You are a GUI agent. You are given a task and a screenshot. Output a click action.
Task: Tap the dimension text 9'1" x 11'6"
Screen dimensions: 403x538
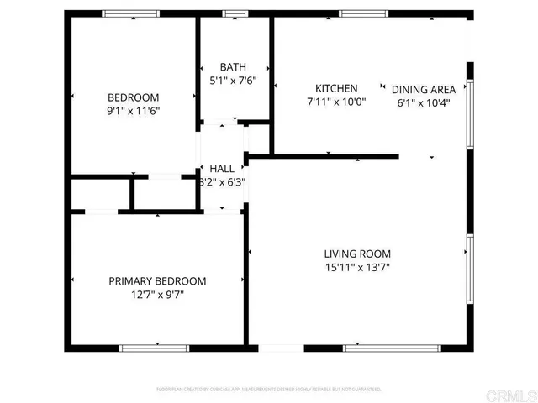coord(133,110)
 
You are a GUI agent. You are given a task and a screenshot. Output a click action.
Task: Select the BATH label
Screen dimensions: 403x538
coord(233,67)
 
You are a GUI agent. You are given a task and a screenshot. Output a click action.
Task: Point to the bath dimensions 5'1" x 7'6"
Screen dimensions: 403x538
coord(233,81)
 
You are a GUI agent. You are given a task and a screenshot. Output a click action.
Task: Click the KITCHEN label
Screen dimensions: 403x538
coord(336,89)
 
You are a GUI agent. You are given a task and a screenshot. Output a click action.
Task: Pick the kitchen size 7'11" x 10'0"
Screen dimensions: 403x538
coord(336,102)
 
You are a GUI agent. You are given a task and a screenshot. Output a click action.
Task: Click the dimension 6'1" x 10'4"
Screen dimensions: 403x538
coord(426,103)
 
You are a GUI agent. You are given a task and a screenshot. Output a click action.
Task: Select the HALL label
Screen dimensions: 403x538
coord(222,169)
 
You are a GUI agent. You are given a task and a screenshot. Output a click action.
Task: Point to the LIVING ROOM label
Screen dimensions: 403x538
coord(357,254)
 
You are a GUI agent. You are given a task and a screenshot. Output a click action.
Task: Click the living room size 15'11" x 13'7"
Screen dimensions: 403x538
coord(357,269)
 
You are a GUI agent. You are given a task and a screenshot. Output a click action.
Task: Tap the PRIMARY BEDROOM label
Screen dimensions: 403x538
coord(157,281)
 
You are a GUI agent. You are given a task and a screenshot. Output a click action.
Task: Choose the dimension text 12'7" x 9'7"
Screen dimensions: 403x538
coord(157,296)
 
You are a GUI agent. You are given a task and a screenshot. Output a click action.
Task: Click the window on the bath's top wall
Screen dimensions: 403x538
coord(235,13)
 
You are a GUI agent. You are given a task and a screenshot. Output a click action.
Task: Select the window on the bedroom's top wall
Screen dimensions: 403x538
coord(131,13)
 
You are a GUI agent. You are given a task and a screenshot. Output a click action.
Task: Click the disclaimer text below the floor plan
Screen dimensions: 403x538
coord(269,390)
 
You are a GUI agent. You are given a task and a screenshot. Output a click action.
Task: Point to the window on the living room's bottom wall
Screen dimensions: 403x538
coord(390,348)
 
